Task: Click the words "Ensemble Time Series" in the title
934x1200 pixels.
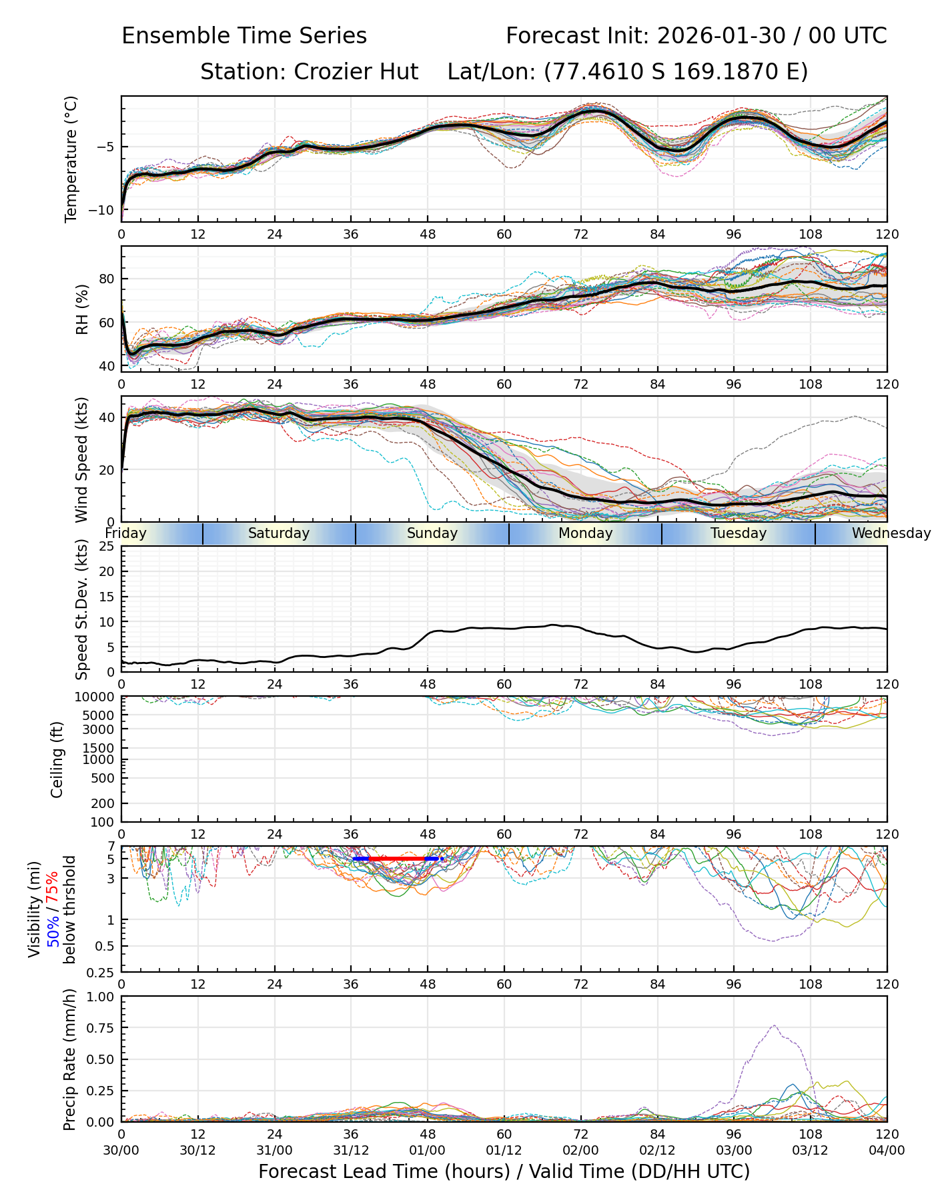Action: coord(244,36)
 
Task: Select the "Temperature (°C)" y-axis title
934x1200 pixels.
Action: coord(71,159)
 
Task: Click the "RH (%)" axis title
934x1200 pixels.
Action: coord(82,309)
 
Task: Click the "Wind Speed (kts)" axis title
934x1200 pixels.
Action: coord(81,459)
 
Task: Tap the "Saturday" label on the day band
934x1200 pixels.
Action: coord(279,533)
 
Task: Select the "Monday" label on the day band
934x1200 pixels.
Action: coord(585,533)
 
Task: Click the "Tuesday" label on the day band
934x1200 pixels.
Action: coord(739,533)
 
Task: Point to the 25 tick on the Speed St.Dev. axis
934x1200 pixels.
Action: coord(107,547)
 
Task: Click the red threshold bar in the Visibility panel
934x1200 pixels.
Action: coord(397,859)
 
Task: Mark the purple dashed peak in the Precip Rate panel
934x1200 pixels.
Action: coord(774,1026)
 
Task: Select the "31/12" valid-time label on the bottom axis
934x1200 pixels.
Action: coord(351,1150)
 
